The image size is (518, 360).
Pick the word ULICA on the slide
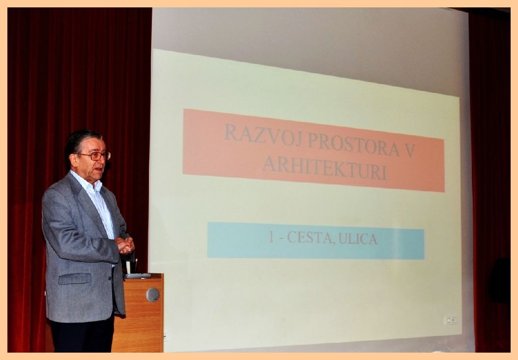coord(358,239)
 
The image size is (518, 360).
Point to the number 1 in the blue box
coord(271,237)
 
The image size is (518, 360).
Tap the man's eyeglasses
coord(95,155)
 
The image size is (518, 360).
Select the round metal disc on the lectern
coord(153,295)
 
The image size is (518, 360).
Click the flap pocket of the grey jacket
coord(75,278)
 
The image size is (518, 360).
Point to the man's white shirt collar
coord(87,182)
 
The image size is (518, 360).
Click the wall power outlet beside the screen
coord(451,320)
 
